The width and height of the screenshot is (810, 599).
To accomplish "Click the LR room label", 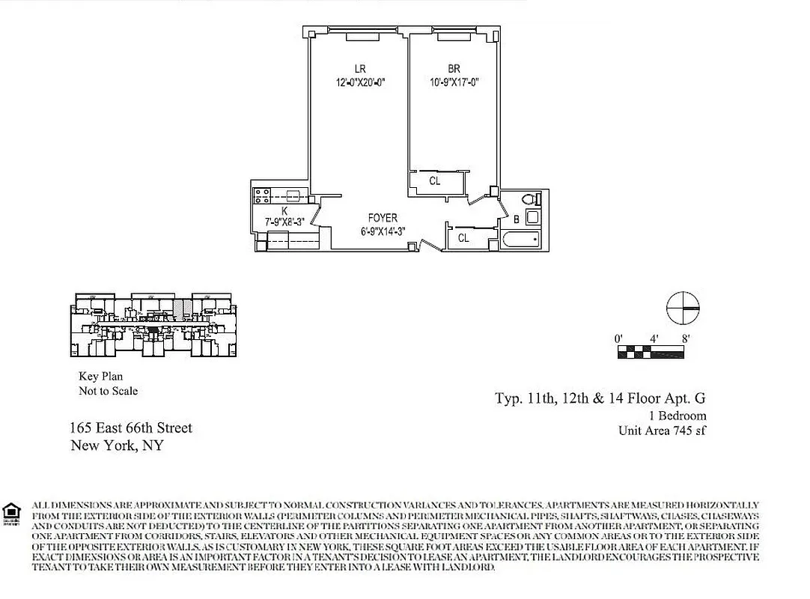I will [360, 69].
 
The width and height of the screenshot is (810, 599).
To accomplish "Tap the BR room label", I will [454, 69].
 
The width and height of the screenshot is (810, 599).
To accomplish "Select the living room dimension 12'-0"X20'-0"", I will [360, 82].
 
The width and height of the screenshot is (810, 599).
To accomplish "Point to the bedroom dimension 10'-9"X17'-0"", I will [454, 82].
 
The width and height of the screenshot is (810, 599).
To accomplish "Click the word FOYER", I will [383, 218].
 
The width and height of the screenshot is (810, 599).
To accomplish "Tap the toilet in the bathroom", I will [529, 200].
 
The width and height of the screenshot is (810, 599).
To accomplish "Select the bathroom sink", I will [532, 218].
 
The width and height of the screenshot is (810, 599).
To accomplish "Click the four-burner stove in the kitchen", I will [263, 196].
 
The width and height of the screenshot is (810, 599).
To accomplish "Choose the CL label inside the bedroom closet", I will [435, 181].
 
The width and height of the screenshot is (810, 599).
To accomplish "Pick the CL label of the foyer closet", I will [463, 238].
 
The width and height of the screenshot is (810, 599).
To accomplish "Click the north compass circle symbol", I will [683, 308].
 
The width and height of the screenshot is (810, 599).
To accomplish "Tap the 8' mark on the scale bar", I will [686, 338].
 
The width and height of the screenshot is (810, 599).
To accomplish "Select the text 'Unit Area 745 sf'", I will [662, 431].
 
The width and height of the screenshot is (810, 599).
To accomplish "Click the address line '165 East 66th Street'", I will [131, 428].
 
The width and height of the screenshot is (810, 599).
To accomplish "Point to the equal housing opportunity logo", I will [11, 513].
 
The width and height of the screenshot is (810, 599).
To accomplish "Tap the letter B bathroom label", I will [517, 219].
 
